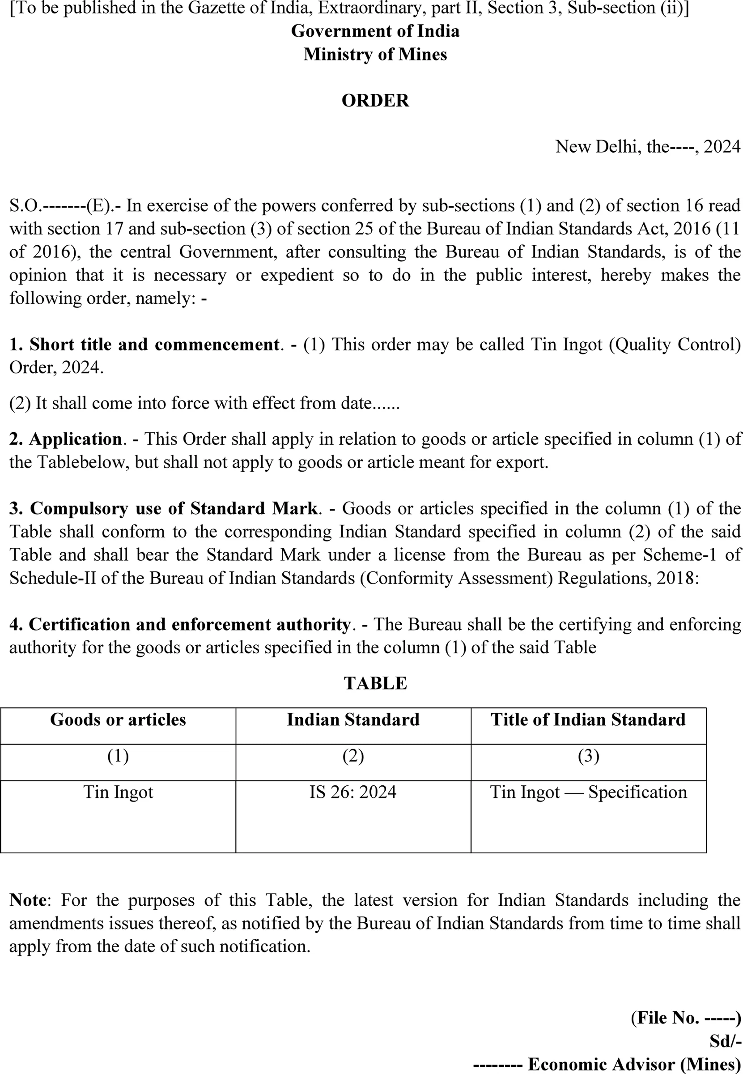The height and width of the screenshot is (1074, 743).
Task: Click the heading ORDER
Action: click(x=375, y=101)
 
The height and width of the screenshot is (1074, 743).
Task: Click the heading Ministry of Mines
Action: click(x=375, y=55)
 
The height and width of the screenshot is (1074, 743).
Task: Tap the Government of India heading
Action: click(x=375, y=31)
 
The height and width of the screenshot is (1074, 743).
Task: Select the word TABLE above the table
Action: click(x=375, y=683)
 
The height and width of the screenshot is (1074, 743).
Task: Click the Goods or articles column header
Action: click(x=118, y=720)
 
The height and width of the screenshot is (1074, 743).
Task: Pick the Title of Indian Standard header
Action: click(x=588, y=720)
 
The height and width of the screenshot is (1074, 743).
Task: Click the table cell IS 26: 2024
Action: click(x=353, y=792)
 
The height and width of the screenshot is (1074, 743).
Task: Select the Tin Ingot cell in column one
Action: click(x=118, y=792)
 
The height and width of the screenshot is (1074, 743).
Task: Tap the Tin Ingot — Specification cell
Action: click(x=588, y=792)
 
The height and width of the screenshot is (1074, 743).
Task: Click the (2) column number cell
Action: click(x=353, y=755)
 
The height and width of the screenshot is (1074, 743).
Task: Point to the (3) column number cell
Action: click(x=588, y=755)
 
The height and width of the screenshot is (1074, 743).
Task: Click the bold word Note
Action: click(x=28, y=900)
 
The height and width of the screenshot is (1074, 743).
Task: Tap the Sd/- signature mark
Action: click(x=725, y=1041)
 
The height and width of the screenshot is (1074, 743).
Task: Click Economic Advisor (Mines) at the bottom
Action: click(x=634, y=1064)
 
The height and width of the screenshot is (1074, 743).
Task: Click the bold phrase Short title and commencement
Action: click(x=154, y=345)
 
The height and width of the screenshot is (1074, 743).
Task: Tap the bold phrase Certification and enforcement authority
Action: click(x=190, y=624)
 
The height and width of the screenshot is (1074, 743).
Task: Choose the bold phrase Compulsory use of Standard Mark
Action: click(x=174, y=508)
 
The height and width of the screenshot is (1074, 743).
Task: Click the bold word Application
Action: click(x=76, y=439)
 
